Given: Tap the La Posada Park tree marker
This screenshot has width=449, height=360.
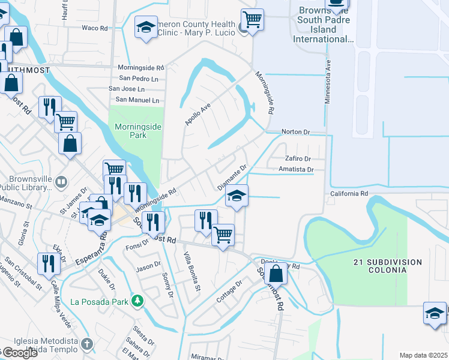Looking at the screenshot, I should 138,299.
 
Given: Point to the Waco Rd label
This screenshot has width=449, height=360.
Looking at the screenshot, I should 94,28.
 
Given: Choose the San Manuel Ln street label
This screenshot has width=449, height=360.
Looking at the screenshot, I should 137,100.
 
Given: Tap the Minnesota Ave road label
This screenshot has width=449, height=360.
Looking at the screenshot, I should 328,81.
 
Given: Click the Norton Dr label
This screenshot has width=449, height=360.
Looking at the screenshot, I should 296,131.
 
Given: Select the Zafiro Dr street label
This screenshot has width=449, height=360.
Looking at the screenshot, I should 298,159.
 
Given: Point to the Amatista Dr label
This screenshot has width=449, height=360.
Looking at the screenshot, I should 297,170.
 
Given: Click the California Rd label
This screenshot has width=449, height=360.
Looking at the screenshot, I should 349,194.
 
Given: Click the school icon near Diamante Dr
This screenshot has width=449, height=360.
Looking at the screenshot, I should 237,196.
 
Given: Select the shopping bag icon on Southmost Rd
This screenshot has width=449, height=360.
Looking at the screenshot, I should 276,273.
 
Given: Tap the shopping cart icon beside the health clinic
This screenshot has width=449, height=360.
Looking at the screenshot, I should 252,20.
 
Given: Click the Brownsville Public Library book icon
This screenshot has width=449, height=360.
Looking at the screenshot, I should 61,181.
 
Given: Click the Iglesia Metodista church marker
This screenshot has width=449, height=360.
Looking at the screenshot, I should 87,344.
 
